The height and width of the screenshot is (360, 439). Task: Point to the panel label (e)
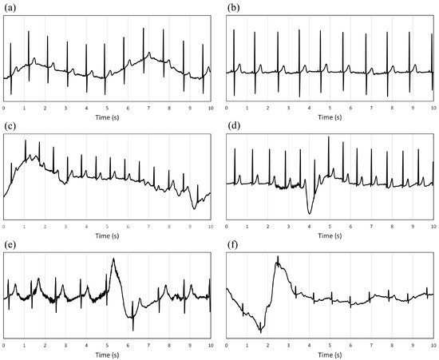[x=10, y=245]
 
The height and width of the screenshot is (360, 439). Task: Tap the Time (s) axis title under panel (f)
[x=330, y=354]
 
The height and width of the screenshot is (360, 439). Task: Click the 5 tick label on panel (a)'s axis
[x=107, y=107]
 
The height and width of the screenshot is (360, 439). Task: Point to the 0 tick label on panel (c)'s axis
[x=4, y=225]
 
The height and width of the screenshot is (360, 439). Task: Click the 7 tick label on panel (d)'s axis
[x=370, y=225]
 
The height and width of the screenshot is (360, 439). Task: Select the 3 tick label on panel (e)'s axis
[x=65, y=344]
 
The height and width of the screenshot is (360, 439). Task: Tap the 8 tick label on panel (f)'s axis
[x=391, y=344]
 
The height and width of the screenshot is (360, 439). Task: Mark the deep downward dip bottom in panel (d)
[x=310, y=213]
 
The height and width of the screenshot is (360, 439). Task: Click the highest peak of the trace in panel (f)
[x=277, y=257]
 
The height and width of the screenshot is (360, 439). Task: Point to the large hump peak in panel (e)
[x=113, y=259]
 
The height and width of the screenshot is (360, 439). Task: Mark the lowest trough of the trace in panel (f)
[x=260, y=331]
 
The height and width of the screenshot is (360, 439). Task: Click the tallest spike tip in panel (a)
[x=144, y=29]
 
